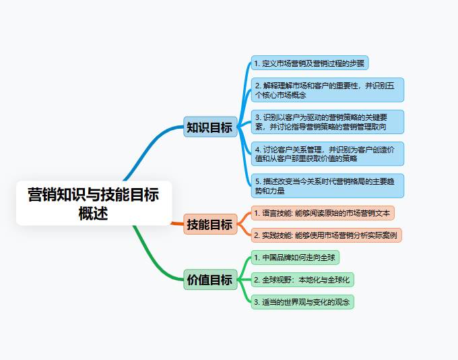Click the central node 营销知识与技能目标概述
[x=94, y=203]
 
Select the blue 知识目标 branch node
[x=209, y=127]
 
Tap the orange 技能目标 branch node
[x=209, y=224]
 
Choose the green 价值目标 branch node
[x=209, y=279]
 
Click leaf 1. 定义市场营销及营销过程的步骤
[x=310, y=63]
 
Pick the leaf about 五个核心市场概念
[x=327, y=90]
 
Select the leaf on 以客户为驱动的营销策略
[x=327, y=121]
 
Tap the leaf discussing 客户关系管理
[x=327, y=154]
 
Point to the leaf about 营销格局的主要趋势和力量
[x=327, y=185]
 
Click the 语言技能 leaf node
[x=323, y=213]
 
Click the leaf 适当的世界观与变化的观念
[x=302, y=301]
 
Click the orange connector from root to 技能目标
[x=176, y=222]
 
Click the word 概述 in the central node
[x=94, y=213]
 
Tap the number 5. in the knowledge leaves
[x=257, y=181]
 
